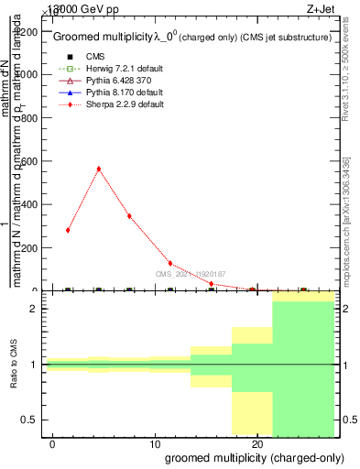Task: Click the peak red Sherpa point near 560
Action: pyautogui.click(x=98, y=169)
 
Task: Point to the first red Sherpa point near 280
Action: pyautogui.click(x=68, y=230)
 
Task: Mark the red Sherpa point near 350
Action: pyautogui.click(x=129, y=216)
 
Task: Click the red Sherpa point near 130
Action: pyautogui.click(x=170, y=263)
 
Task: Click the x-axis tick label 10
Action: pyautogui.click(x=155, y=443)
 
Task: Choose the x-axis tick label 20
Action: pyautogui.click(x=256, y=443)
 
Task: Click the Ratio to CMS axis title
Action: pyautogui.click(x=14, y=364)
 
